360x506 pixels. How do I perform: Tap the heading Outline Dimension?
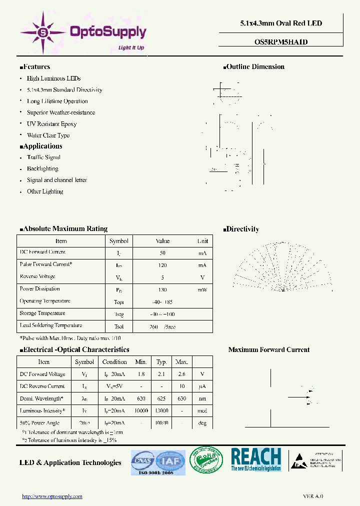click(x=255, y=67)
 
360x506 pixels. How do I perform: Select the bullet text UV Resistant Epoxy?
click(x=51, y=124)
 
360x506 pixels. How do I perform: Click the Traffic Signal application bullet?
click(x=43, y=157)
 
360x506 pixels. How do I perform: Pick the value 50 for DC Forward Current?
click(x=162, y=253)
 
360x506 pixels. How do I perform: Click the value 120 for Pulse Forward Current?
click(x=162, y=265)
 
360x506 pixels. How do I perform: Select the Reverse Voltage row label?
click(x=37, y=277)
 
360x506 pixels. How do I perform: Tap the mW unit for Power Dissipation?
click(x=202, y=289)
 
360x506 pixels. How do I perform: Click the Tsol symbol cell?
click(x=118, y=326)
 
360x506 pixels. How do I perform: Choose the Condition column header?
click(x=114, y=362)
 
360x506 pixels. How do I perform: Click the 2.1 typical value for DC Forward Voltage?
click(x=161, y=374)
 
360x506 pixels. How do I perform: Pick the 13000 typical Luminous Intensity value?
click(x=161, y=410)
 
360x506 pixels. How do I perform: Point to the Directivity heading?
click(x=242, y=229)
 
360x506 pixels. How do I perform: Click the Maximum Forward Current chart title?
click(x=269, y=350)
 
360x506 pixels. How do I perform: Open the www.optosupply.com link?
click(x=52, y=496)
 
